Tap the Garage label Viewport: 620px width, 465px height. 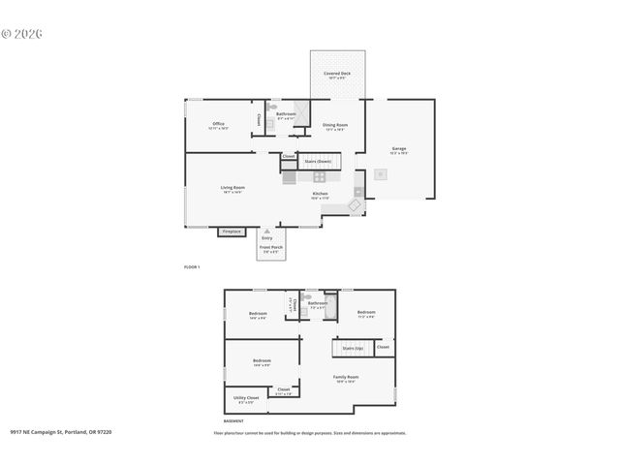[398, 149]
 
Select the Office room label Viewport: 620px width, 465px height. [219, 125]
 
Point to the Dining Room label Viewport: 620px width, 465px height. [335, 125]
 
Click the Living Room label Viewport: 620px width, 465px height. [232, 188]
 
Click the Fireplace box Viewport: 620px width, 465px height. [232, 232]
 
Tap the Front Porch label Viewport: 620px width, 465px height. [270, 249]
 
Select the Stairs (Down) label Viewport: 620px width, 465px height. [318, 161]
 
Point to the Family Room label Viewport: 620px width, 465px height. [346, 377]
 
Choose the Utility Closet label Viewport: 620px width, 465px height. [246, 398]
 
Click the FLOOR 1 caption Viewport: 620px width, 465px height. [192, 265]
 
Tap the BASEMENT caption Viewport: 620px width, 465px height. [233, 421]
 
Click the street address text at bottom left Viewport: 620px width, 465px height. [61, 433]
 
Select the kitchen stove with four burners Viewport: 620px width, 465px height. [319, 176]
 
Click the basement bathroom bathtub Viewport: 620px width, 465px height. [330, 306]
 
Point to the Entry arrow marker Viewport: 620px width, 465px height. [266, 231]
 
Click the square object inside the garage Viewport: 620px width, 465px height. [381, 174]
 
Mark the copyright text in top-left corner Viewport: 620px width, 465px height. [22, 33]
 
